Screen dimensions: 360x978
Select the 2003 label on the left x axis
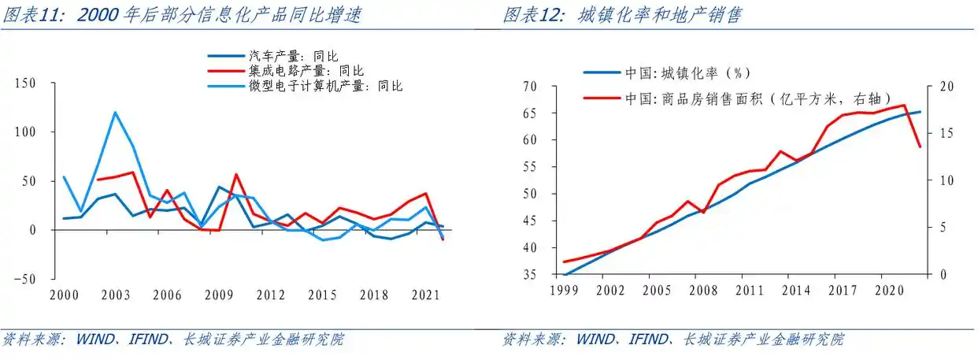click(x=116, y=294)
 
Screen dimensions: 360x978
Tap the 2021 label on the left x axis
click(x=424, y=294)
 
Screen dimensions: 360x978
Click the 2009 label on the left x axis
click(x=218, y=294)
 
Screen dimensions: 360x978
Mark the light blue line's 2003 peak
click(x=115, y=112)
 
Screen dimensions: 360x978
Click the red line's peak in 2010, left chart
click(x=236, y=175)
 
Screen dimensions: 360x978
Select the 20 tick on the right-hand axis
click(x=939, y=86)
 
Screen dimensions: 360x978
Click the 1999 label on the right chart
click(x=565, y=290)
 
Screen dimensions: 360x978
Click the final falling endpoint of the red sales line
click(x=920, y=147)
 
